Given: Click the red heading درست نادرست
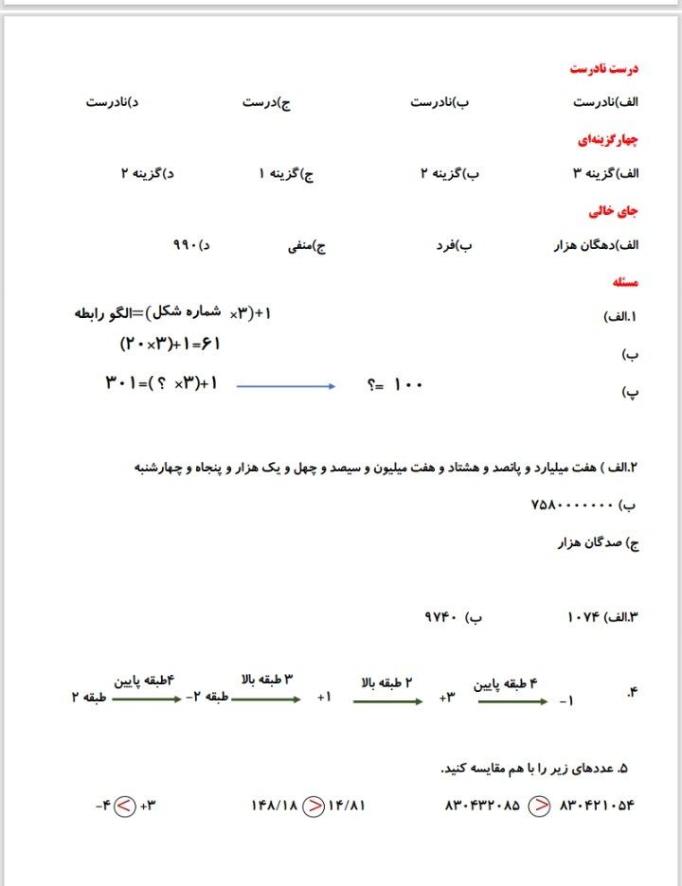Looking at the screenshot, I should [x=604, y=69].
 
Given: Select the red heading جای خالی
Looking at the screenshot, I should [x=615, y=211].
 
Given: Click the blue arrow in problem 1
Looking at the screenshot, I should [x=285, y=386].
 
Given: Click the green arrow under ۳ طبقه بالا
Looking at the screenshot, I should [x=266, y=700].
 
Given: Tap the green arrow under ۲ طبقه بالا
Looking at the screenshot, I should [x=387, y=701].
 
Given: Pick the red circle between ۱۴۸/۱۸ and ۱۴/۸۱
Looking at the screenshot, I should [x=312, y=806].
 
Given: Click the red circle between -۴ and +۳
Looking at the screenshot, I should [x=124, y=806].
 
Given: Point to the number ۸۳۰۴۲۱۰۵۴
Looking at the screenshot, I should [x=597, y=806].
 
